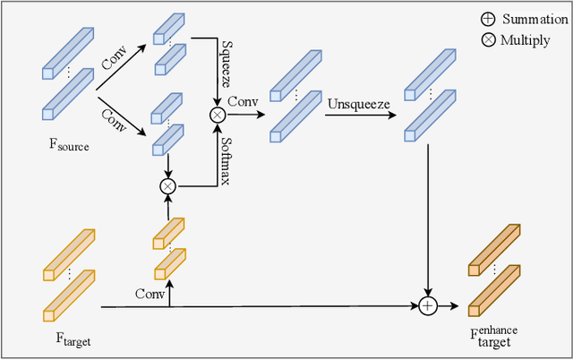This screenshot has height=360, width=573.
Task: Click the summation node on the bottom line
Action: pos(428,306)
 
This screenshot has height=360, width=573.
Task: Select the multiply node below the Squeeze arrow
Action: pos(216,114)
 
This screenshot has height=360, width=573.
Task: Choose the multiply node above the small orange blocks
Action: pos(167,186)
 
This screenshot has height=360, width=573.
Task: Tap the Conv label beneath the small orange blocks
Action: pos(151,294)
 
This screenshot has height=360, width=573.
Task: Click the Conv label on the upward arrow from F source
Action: pos(113,62)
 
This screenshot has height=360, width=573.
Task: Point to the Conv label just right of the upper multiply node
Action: pos(243,102)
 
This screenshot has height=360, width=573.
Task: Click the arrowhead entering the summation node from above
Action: pos(428,293)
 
